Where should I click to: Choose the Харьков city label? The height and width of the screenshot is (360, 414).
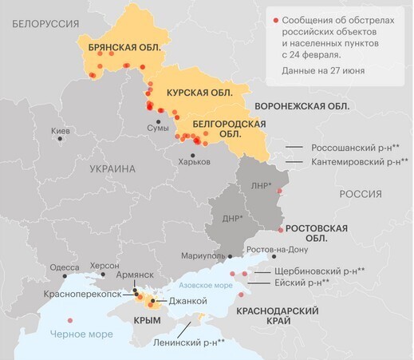[195, 161]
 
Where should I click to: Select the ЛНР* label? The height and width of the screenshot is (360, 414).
[261, 185]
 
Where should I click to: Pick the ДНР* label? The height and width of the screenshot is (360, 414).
[232, 218]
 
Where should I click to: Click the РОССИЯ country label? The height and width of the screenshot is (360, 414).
[361, 194]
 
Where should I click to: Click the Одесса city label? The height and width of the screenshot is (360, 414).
[65, 267]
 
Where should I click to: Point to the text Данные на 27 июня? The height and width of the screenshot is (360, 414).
[323, 70]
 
